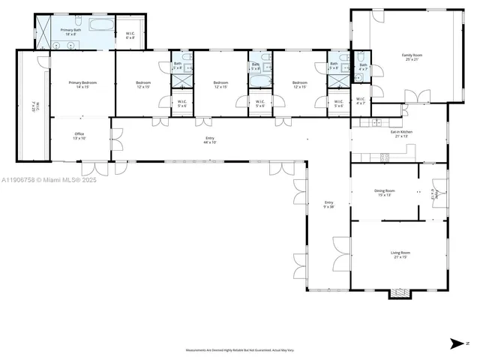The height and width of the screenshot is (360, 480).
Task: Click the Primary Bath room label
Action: pyautogui.click(x=71, y=32)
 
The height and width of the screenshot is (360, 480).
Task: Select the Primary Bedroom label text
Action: pyautogui.click(x=82, y=84)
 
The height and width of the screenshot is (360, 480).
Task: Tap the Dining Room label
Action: pyautogui.click(x=385, y=193)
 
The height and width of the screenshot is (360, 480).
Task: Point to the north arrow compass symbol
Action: pyautogui.click(x=454, y=343)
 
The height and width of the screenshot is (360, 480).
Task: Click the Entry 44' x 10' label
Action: pyautogui.click(x=209, y=140)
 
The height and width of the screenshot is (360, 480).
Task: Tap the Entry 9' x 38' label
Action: pyautogui.click(x=328, y=205)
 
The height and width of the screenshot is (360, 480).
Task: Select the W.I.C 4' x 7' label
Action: pyautogui.click(x=361, y=101)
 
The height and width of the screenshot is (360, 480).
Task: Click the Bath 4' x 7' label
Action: pyautogui.click(x=363, y=67)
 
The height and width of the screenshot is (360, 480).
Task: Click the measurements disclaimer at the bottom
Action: pyautogui.click(x=239, y=350)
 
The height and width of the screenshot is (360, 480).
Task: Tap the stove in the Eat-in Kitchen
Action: pyautogui.click(x=386, y=156)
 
